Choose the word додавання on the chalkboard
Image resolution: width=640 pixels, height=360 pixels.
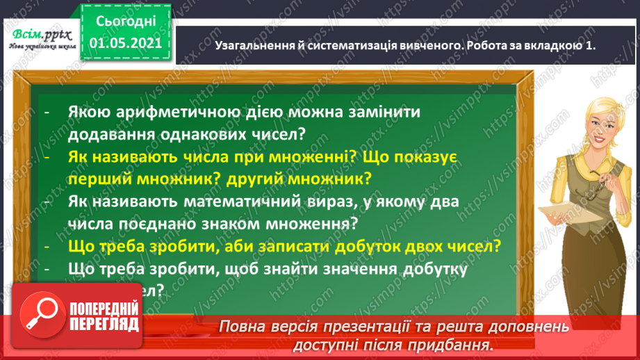click(x=115, y=132)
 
